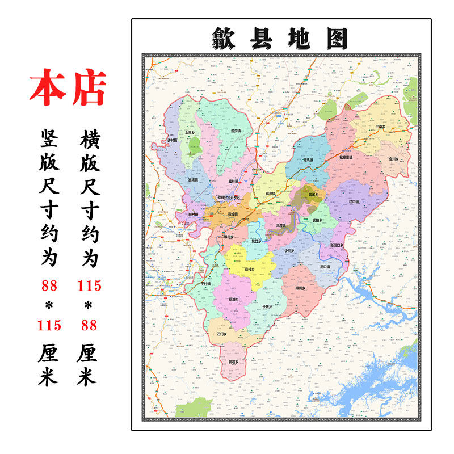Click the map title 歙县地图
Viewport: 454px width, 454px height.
click(x=281, y=38)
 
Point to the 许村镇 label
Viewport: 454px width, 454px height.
click(x=172, y=140)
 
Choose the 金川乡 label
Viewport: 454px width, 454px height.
click(x=393, y=159)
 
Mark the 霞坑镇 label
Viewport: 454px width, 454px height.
click(x=308, y=160)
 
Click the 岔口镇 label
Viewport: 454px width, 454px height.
click(x=354, y=201)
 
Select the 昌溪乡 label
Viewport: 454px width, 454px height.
click(x=313, y=195)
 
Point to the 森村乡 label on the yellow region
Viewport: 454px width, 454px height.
click(x=249, y=269)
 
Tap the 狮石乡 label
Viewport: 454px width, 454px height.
click(x=233, y=361)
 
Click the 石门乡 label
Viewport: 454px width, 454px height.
click(x=221, y=334)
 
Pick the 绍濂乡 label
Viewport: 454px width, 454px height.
click(x=233, y=299)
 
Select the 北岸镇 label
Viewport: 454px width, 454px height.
click(x=270, y=194)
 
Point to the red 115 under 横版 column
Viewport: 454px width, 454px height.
click(x=89, y=286)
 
